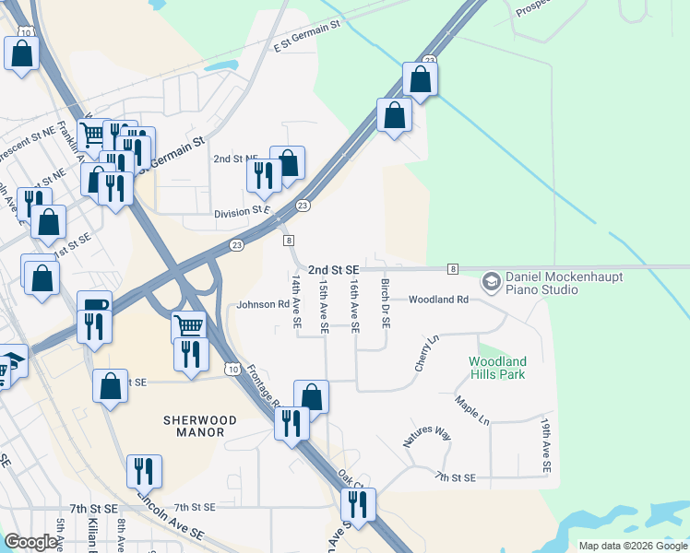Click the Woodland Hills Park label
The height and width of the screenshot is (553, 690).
coord(497,369)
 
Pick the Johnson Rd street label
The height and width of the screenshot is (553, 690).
coord(263,304)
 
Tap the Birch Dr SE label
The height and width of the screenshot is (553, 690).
coord(387,304)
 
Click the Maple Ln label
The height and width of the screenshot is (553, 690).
coord(471,410)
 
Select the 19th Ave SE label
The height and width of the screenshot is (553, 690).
coord(546,447)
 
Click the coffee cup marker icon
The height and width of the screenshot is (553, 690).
coord(94,307)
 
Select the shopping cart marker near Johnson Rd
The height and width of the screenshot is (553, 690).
coord(189,325)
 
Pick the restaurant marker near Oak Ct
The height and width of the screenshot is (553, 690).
coord(357,503)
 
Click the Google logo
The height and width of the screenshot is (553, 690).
coord(31,542)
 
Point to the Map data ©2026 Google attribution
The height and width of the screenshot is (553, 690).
coord(632,546)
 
